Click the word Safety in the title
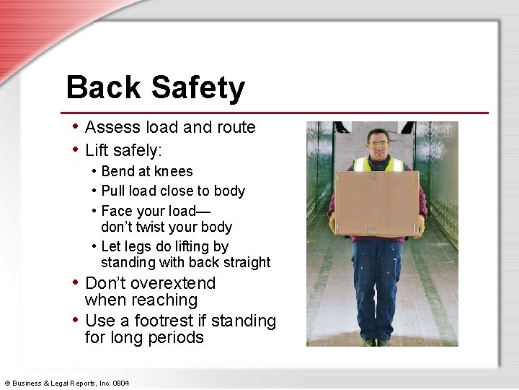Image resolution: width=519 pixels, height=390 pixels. tap(198, 88)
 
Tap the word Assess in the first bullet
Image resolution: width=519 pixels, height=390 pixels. tap(109, 127)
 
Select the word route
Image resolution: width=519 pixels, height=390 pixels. tap(236, 127)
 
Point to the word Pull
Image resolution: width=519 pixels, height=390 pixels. tap(113, 191)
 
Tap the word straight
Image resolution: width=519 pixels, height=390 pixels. tap(247, 262)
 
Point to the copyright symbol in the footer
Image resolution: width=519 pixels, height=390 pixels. tap(6, 382)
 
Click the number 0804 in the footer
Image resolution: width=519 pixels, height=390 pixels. tap(119, 382)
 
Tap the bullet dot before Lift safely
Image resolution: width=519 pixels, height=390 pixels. tap(76, 149)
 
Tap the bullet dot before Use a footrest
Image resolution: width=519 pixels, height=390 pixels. tap(76, 320)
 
